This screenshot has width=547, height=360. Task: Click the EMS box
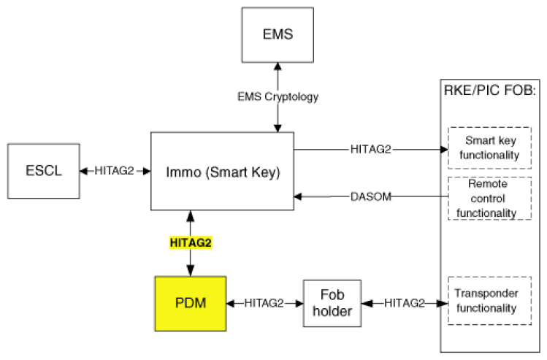(278, 35)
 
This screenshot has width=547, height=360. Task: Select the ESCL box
(44, 171)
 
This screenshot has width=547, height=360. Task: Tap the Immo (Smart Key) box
(222, 172)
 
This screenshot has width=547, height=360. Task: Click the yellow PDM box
(191, 304)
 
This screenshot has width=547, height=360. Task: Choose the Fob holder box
(332, 303)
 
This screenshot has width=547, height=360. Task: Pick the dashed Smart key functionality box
(489, 148)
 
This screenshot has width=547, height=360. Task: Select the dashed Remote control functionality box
(489, 198)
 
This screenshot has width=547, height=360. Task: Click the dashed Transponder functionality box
(489, 301)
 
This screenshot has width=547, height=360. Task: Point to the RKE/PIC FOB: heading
(489, 91)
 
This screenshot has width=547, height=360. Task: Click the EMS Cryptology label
(278, 96)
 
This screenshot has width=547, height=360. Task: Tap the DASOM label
(371, 196)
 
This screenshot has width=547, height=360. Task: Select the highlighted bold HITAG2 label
(191, 242)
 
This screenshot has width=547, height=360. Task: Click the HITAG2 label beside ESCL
(114, 171)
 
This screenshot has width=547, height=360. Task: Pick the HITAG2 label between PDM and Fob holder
(264, 303)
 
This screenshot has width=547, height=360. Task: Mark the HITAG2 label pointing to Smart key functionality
(371, 149)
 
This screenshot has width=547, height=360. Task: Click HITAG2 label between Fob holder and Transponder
(405, 303)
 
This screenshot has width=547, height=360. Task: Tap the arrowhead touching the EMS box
(278, 66)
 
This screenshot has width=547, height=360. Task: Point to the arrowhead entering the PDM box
(191, 271)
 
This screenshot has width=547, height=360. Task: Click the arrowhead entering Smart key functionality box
(444, 150)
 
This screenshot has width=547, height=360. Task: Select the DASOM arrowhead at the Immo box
(297, 196)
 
